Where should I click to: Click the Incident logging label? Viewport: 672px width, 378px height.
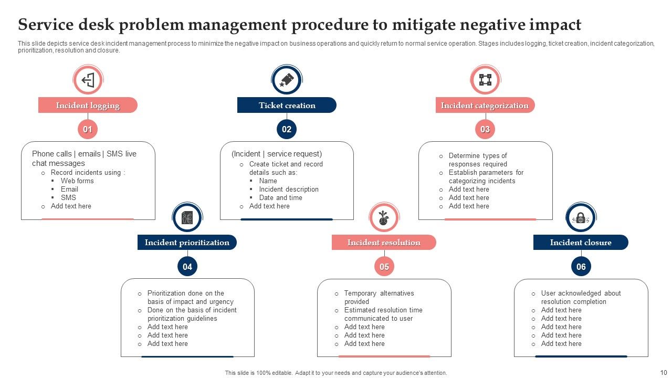pos(88,106)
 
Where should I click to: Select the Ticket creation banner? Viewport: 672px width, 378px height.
pos(287,106)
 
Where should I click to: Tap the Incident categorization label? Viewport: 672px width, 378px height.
pos(485,106)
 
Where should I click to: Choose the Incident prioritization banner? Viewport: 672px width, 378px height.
pos(187,243)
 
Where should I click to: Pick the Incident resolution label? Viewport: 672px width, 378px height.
pos(384,243)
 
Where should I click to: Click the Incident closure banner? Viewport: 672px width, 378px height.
pos(581,243)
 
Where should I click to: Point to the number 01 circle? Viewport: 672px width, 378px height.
pos(88,130)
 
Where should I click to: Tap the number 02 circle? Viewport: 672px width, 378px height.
pos(287,130)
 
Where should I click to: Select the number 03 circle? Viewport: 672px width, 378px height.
pos(485,130)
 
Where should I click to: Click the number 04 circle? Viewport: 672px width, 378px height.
pos(187,267)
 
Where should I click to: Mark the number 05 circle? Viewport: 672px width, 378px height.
pos(384,267)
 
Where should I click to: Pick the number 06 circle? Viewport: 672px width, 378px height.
pos(581,267)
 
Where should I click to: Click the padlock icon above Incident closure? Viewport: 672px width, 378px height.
pos(581,218)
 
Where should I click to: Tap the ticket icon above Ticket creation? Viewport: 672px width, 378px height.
pos(287,80)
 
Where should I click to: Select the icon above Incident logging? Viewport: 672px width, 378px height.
pos(88,80)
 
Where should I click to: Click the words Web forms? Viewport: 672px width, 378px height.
pos(77,181)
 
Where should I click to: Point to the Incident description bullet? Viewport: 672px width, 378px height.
pos(289,190)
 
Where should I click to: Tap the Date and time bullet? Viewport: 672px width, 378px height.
pos(280,198)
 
